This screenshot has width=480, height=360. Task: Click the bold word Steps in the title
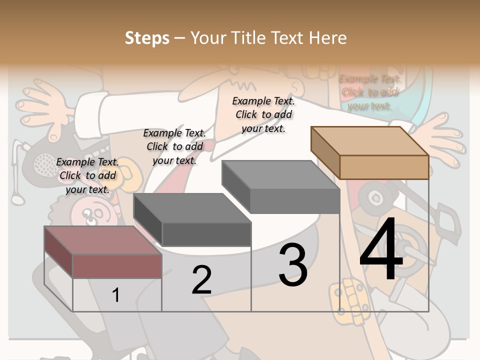[147, 38]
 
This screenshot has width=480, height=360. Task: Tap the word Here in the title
[328, 38]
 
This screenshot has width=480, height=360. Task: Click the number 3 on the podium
[293, 265]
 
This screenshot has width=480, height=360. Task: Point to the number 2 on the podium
[201, 280]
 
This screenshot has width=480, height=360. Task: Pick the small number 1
[115, 295]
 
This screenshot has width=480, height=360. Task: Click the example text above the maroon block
[87, 175]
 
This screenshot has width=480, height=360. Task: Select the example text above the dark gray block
[174, 146]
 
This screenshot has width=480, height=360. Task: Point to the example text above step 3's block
[263, 114]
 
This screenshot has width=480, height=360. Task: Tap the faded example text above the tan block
[369, 92]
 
